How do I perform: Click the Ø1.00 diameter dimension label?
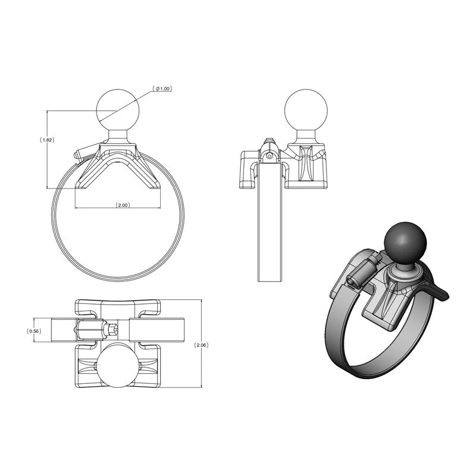(x=162, y=89)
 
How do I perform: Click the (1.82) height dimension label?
(x=47, y=140)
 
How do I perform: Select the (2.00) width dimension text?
(x=122, y=205)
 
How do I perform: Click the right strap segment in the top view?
(x=158, y=330)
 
